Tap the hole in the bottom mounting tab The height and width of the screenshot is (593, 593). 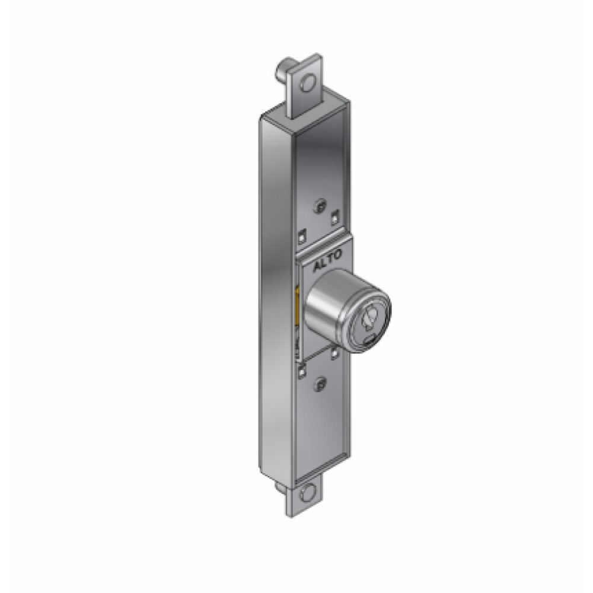308,493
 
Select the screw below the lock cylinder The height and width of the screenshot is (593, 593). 321,384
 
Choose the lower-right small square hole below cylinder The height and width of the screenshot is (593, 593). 336,354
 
